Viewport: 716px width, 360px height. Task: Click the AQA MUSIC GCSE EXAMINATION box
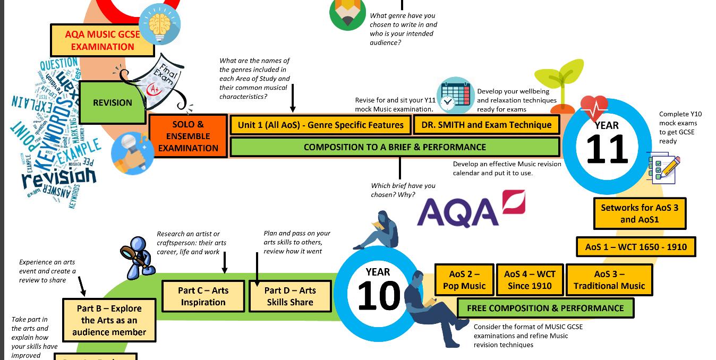pos(103,40)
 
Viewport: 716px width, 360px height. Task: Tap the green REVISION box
pos(112,102)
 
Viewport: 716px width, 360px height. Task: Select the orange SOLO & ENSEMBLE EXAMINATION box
pos(188,136)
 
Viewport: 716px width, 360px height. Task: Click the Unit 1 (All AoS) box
pos(320,125)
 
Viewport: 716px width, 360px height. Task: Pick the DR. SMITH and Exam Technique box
pos(486,125)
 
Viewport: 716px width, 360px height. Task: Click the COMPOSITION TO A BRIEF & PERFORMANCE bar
pos(395,147)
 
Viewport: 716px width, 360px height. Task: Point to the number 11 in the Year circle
pos(607,149)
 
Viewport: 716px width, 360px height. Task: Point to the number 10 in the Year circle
pos(378,295)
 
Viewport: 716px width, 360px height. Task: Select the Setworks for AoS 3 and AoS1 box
pos(639,213)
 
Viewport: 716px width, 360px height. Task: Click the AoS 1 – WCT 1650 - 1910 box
pos(636,247)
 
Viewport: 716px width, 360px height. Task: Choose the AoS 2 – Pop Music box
pos(464,280)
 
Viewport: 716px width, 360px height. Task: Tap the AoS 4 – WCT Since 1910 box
pos(530,280)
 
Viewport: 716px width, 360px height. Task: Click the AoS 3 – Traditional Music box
pos(609,280)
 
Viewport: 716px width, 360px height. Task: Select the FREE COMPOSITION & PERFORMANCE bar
pos(545,308)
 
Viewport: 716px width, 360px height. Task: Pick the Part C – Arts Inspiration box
pos(203,296)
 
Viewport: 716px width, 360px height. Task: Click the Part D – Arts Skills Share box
pos(290,296)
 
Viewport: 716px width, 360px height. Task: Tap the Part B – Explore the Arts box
pos(109,320)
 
